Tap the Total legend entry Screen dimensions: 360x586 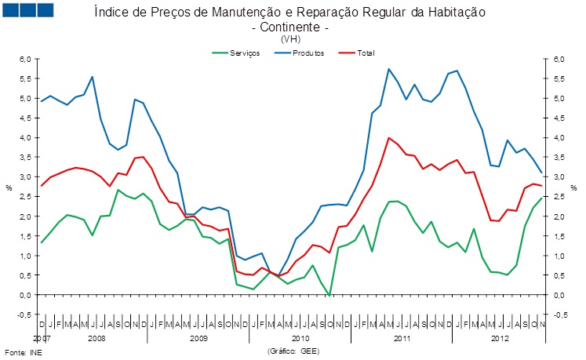pos(365,53)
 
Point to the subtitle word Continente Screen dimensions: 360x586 pos(289,27)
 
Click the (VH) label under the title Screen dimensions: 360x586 pos(289,38)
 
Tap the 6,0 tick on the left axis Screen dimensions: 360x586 pos(24,59)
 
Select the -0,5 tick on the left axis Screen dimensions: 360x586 pos(24,315)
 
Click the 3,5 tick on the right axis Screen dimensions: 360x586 pos(559,157)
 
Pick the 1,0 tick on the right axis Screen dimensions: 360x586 pos(559,256)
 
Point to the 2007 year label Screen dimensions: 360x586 pos(42,338)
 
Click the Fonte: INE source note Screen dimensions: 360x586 pos(24,352)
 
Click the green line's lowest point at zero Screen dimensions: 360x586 pos(329,295)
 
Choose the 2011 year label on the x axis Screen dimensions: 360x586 pos(402,338)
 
